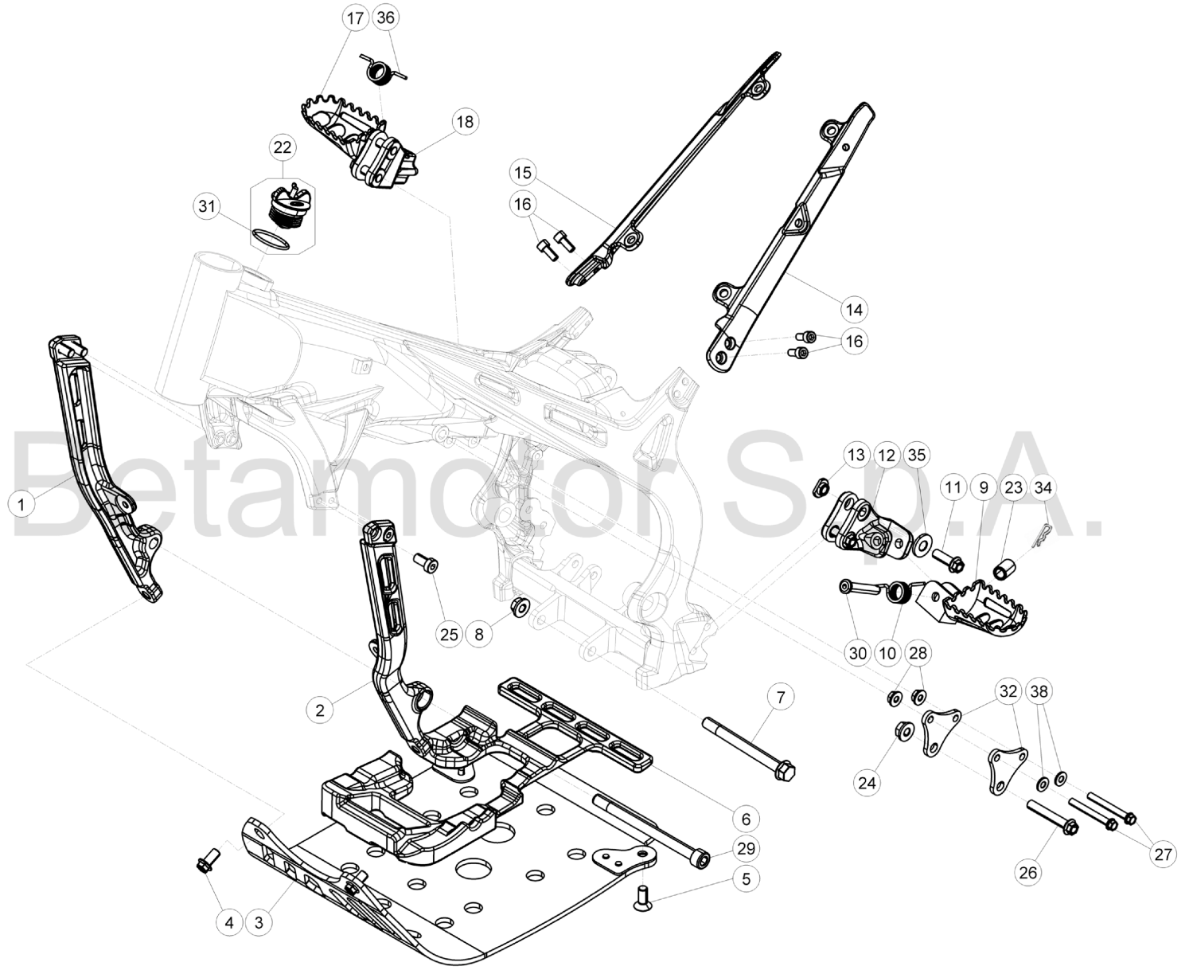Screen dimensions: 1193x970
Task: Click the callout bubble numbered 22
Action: click(x=283, y=148)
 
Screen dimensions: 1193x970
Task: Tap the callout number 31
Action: click(x=207, y=206)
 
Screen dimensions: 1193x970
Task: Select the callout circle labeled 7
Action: click(x=782, y=697)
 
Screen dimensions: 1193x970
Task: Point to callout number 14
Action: click(x=854, y=309)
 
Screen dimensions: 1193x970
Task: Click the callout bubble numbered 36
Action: click(x=386, y=18)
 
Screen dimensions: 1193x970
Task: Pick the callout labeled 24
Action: click(x=867, y=783)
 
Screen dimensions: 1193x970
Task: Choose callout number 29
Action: click(x=746, y=848)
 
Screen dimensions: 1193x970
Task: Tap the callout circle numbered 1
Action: click(x=21, y=505)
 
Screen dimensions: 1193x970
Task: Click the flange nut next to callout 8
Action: click(x=520, y=606)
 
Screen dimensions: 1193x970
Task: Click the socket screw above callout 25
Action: click(x=427, y=562)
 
